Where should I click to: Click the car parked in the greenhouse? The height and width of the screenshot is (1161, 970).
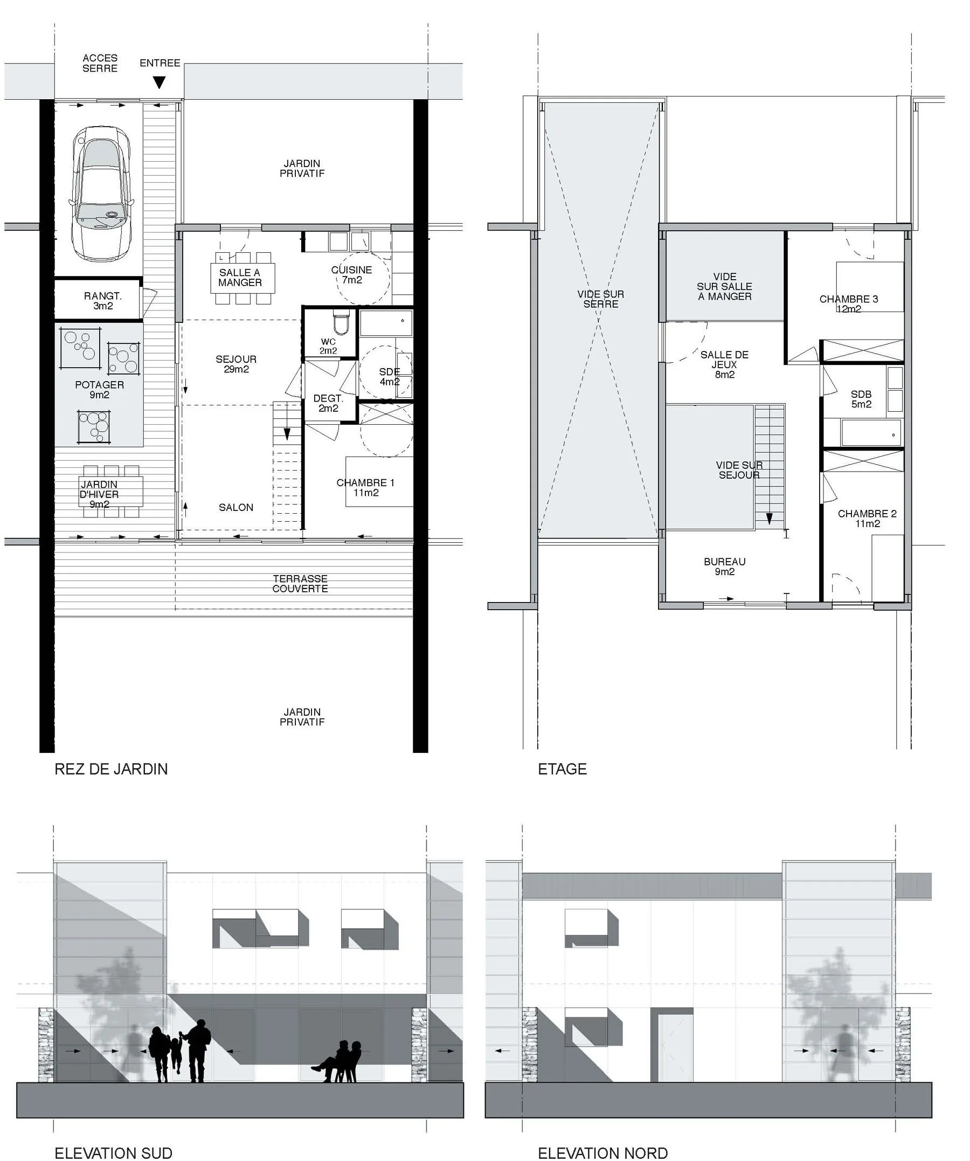pos(101,193)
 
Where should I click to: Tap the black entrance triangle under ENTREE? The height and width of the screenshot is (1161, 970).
pos(159,82)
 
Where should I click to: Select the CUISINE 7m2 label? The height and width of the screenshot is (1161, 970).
pos(351,275)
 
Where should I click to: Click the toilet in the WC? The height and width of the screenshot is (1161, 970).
pos(341,322)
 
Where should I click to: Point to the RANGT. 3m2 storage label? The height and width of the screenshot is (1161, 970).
pos(103,301)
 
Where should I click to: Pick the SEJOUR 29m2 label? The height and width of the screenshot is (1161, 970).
pos(236,364)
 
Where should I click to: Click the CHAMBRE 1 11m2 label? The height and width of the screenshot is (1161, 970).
pos(365,488)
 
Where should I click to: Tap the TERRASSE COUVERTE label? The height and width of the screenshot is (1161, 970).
pos(300,584)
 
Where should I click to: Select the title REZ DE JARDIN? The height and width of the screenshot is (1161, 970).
pos(111,769)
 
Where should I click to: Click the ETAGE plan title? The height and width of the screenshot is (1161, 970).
pos(562,769)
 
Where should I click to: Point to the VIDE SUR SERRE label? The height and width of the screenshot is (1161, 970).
pos(601,299)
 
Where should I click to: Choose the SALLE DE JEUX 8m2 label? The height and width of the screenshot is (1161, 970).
pos(725,364)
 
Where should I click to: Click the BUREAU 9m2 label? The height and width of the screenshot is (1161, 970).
pos(725,566)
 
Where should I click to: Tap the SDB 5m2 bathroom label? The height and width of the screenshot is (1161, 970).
pos(861,399)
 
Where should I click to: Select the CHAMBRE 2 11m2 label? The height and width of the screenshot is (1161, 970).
pos(867,519)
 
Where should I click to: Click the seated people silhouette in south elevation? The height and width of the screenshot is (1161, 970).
pos(338,1061)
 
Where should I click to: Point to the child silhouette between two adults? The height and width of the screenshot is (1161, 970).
pos(176,1056)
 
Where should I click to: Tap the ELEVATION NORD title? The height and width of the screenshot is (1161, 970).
pos(602,1153)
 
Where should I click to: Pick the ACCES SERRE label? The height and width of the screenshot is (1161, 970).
pos(100,63)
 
